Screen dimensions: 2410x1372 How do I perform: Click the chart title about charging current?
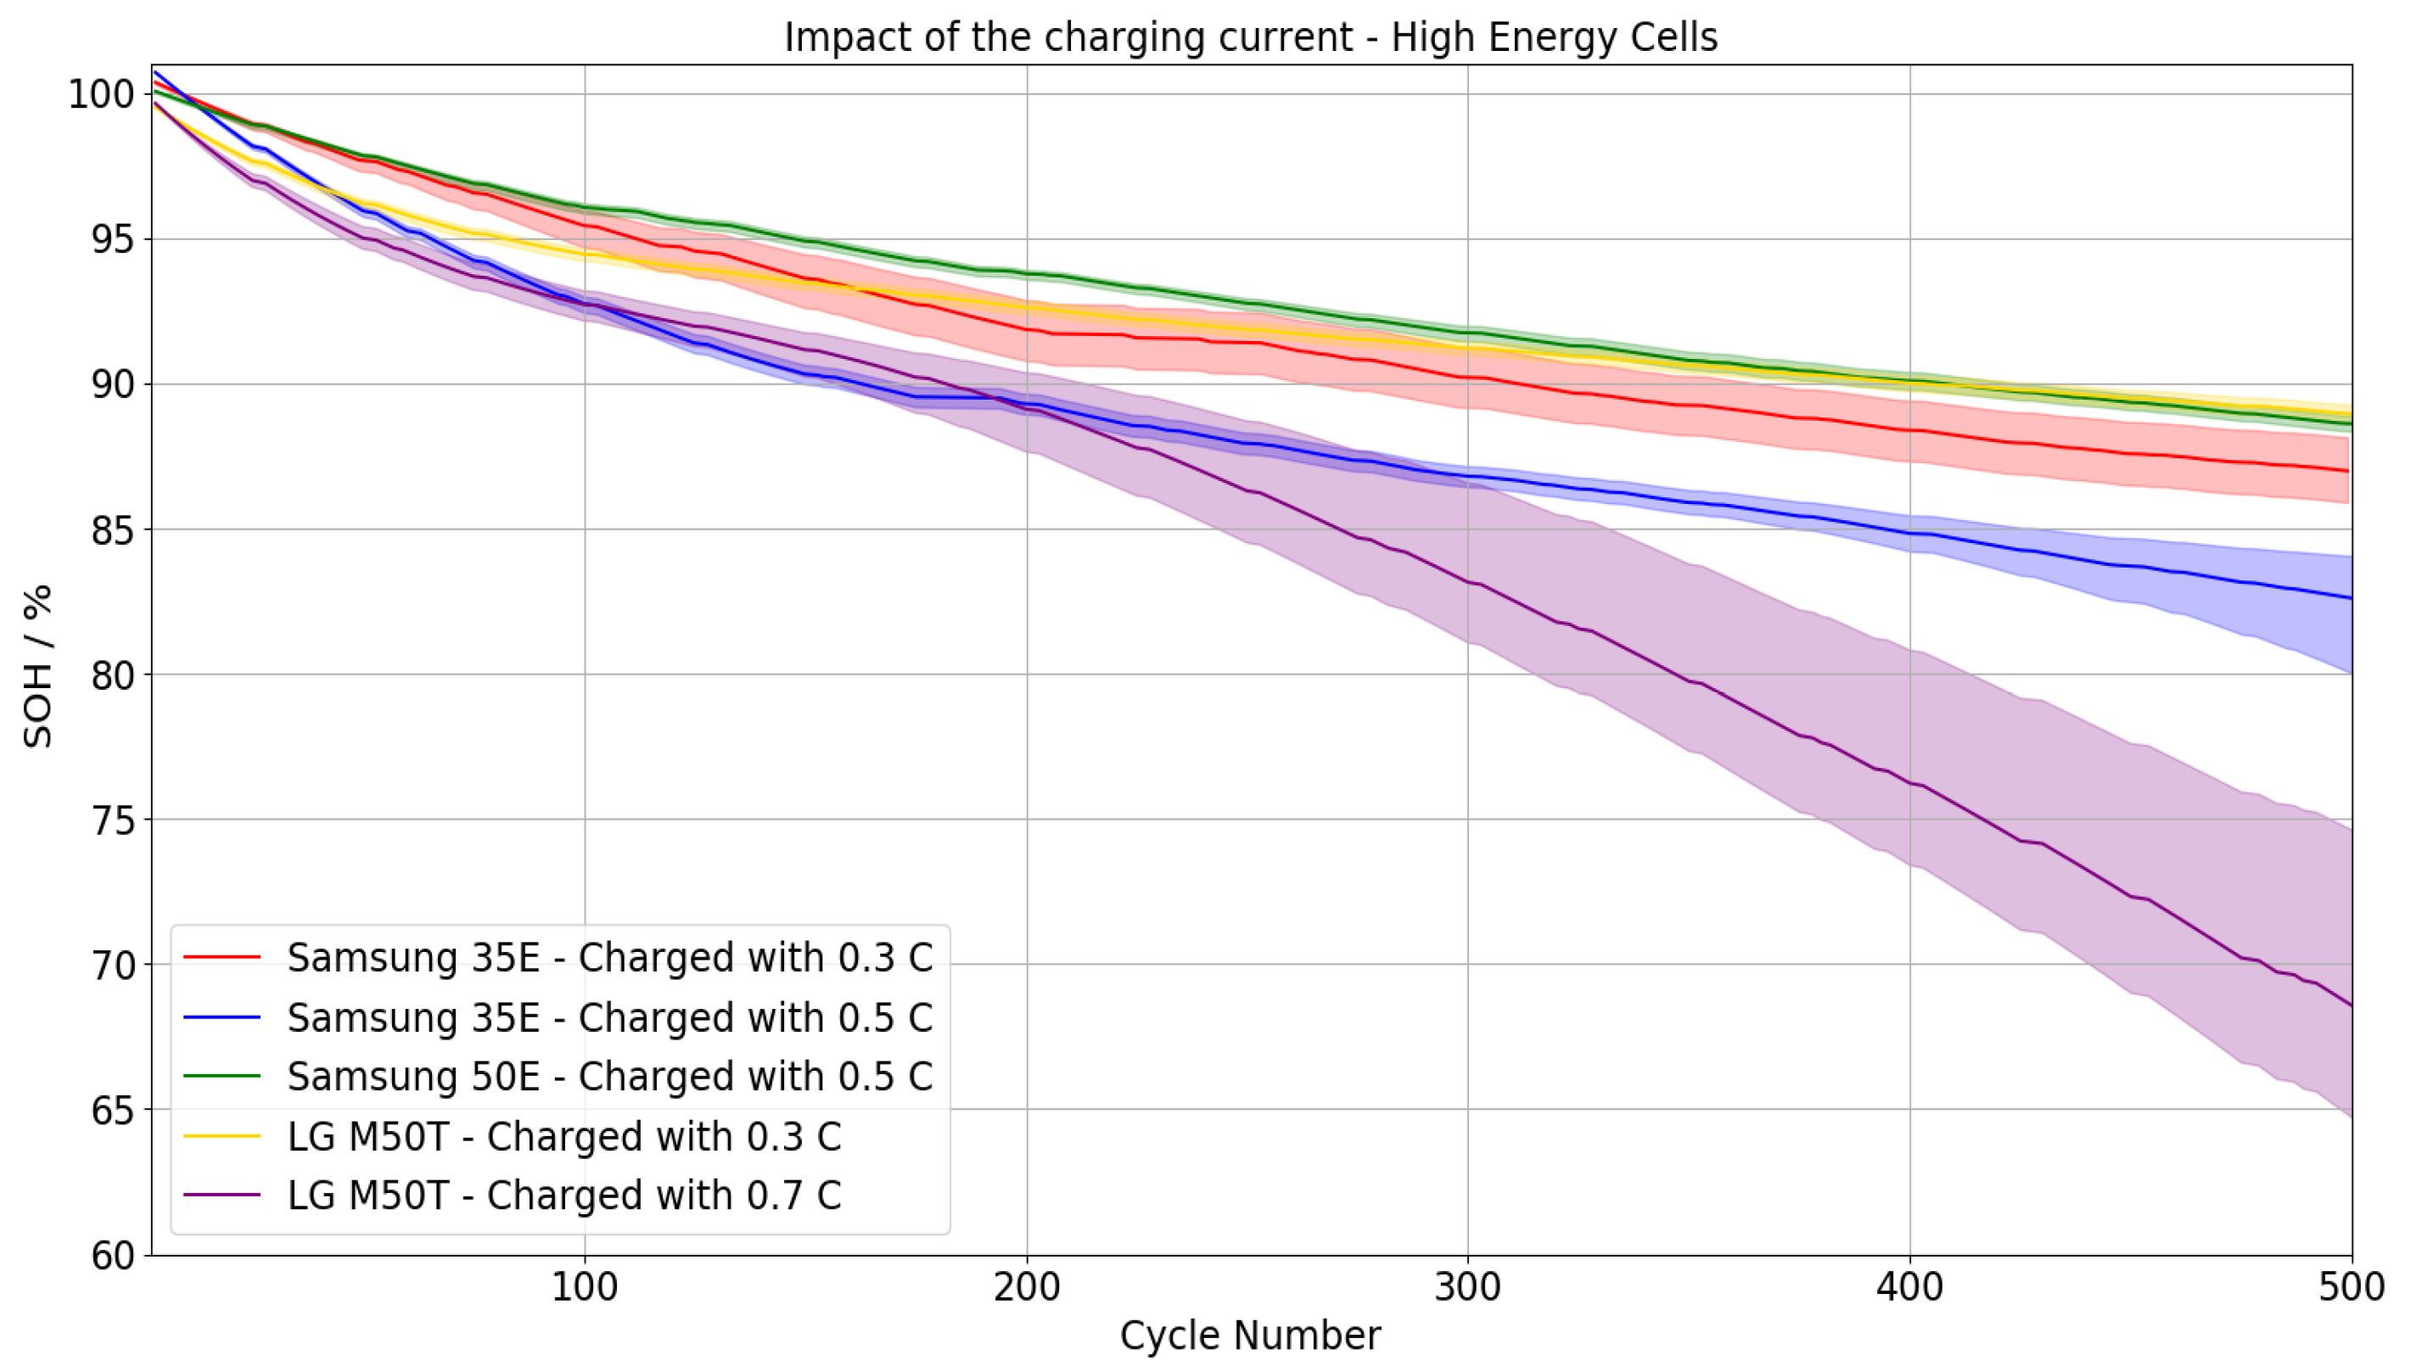(x=1250, y=37)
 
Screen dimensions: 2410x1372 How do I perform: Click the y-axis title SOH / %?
(x=37, y=666)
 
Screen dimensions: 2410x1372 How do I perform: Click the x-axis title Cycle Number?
(x=1250, y=1336)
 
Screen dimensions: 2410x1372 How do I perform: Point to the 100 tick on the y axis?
(x=102, y=94)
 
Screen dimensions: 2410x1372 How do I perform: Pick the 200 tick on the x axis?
(x=1026, y=1286)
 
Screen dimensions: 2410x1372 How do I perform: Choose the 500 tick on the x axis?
(x=2351, y=1286)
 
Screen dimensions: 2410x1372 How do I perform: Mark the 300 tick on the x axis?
(x=1467, y=1286)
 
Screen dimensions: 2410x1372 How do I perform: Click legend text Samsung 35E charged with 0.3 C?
(x=609, y=957)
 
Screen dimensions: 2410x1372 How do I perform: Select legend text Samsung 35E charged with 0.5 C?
(x=609, y=1017)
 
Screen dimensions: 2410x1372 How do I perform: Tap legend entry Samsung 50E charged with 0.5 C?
(x=609, y=1076)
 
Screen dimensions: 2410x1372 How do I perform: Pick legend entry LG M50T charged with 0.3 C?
(x=563, y=1136)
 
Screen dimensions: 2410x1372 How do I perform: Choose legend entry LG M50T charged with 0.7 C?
(x=563, y=1195)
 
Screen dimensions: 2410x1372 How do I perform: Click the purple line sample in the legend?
(x=221, y=1195)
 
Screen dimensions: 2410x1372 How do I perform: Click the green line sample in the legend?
(x=221, y=1076)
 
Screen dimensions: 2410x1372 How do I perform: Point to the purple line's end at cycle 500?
(x=2350, y=1005)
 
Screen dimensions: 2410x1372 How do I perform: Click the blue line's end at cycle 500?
(x=2350, y=597)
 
